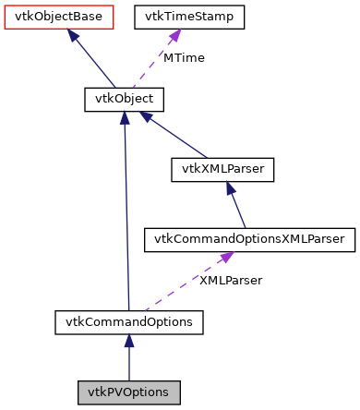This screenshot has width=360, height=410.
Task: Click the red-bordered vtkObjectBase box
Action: pyautogui.click(x=58, y=17)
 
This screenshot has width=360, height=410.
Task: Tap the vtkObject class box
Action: pyautogui.click(x=124, y=98)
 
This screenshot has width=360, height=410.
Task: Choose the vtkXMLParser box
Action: pyautogui.click(x=222, y=169)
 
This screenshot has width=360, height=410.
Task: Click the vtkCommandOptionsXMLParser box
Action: pyautogui.click(x=248, y=239)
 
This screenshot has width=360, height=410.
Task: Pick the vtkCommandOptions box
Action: pyautogui.click(x=128, y=322)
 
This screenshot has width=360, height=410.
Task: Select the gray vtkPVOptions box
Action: pyautogui.click(x=128, y=392)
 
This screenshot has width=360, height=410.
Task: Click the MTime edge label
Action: pyautogui.click(x=184, y=58)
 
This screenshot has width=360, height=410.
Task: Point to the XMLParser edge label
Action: pyautogui.click(x=231, y=280)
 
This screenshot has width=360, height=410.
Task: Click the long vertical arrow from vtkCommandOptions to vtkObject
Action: pyautogui.click(x=126, y=212)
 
